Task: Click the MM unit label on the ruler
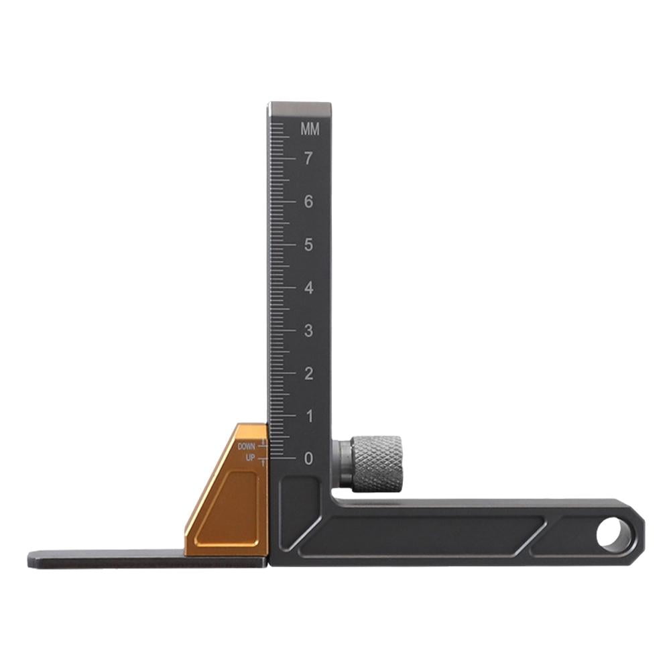(310, 129)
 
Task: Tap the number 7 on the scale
(308, 159)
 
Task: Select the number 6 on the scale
(308, 202)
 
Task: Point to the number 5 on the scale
(308, 245)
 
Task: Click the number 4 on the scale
(308, 288)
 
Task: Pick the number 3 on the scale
(308, 330)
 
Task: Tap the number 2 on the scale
(308, 373)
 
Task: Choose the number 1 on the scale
(308, 416)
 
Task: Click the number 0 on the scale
(308, 459)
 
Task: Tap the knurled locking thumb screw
(377, 463)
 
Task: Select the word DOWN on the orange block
(247, 446)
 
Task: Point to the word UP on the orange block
(251, 457)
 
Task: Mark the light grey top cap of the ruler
(299, 109)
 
